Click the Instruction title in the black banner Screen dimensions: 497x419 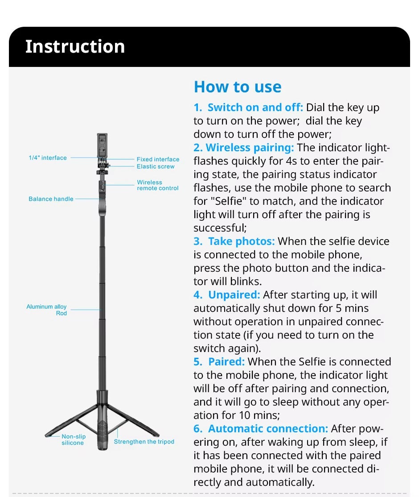click(x=75, y=47)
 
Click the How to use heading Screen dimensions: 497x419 click(x=237, y=87)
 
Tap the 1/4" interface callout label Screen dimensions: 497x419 click(x=48, y=158)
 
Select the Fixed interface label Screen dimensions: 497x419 click(x=158, y=159)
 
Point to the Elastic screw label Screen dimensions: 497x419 click(x=156, y=166)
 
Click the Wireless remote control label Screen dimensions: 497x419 click(x=157, y=185)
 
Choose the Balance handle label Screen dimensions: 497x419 click(x=51, y=199)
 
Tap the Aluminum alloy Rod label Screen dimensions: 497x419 click(x=47, y=310)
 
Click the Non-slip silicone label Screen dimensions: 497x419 click(x=73, y=439)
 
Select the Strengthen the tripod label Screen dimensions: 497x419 click(x=144, y=442)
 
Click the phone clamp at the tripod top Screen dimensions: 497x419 click(x=102, y=145)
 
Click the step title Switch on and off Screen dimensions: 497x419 click(x=255, y=108)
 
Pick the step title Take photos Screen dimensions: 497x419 click(x=241, y=241)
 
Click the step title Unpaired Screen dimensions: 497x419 click(x=234, y=295)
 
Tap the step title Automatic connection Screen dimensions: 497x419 click(x=268, y=429)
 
